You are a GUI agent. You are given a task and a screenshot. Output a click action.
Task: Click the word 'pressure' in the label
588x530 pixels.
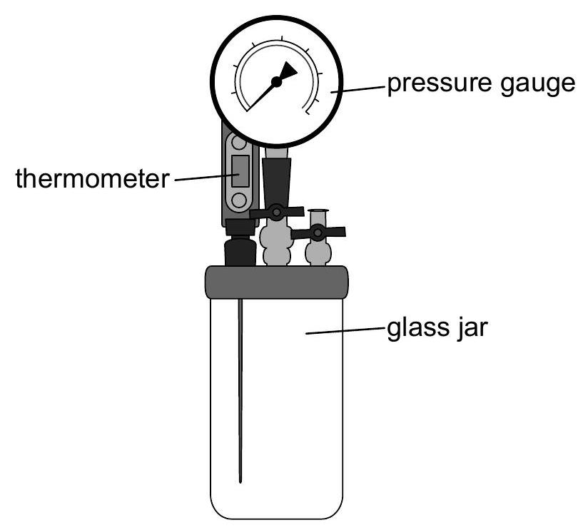tap(439, 84)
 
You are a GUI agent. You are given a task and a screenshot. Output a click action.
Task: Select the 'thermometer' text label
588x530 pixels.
tap(92, 178)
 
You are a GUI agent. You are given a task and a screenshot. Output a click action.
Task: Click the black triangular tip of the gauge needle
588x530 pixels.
tap(289, 71)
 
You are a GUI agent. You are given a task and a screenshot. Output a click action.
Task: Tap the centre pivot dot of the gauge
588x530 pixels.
tap(276, 82)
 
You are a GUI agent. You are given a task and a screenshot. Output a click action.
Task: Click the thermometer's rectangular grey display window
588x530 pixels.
tap(240, 171)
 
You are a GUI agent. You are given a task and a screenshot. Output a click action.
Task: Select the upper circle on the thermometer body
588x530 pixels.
tap(239, 143)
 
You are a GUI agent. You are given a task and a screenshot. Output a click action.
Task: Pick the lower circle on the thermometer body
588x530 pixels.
tap(239, 200)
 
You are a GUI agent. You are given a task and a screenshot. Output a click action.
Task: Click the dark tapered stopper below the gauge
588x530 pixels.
tap(277, 182)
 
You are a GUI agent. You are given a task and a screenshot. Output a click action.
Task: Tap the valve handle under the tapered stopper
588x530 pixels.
tap(277, 212)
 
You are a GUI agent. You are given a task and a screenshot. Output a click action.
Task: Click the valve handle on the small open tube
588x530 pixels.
tap(318, 233)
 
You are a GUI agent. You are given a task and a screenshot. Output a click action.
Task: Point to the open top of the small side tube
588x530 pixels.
tap(318, 211)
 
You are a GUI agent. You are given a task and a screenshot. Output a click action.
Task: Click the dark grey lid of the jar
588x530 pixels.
tap(277, 282)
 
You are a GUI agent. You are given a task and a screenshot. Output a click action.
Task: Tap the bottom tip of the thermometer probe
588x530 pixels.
tap(240, 481)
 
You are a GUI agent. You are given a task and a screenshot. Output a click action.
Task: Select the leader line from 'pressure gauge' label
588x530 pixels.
tap(358, 89)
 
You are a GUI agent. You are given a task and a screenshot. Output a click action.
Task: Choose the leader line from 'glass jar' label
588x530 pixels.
tap(345, 330)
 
